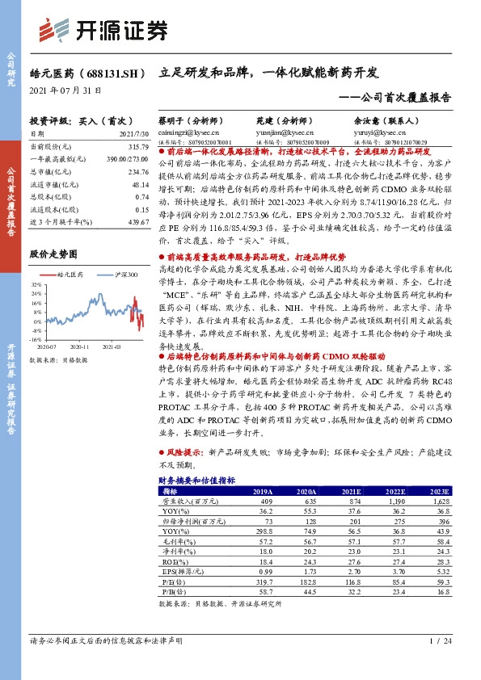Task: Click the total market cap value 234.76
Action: coord(138,172)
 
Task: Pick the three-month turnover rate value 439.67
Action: coord(138,221)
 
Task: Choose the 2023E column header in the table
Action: coord(438,491)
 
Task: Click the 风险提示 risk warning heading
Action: coord(184,453)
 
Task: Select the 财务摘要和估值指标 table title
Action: coord(197,481)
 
